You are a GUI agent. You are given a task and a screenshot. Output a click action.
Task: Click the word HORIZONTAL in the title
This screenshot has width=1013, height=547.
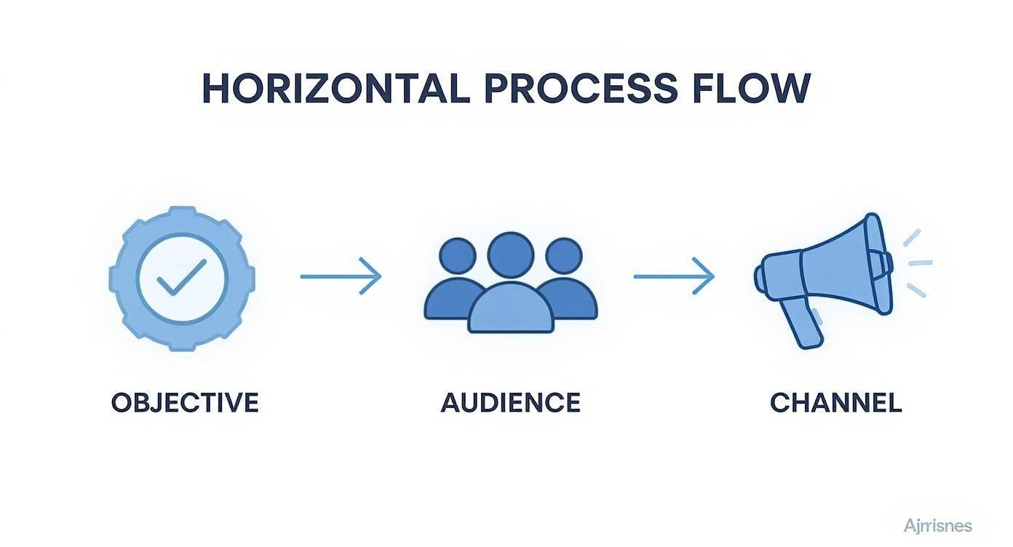pyautogui.click(x=335, y=89)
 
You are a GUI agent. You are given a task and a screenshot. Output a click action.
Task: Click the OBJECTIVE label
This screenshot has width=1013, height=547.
pyautogui.click(x=185, y=403)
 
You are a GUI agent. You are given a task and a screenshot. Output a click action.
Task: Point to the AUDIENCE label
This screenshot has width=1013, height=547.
pyautogui.click(x=510, y=403)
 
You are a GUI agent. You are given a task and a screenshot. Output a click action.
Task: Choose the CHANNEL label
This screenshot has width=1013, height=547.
pyautogui.click(x=835, y=403)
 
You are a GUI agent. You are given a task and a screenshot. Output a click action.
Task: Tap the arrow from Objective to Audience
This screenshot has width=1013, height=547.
pyautogui.click(x=341, y=276)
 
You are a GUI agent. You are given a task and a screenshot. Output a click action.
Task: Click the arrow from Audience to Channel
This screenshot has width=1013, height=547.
pyautogui.click(x=674, y=276)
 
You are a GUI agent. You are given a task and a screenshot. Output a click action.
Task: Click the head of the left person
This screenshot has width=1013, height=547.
pyautogui.click(x=458, y=256)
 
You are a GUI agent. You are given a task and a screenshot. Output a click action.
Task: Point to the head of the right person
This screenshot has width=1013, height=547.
pyautogui.click(x=563, y=256)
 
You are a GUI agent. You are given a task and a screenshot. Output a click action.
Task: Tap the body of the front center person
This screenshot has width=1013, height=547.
pyautogui.click(x=510, y=309)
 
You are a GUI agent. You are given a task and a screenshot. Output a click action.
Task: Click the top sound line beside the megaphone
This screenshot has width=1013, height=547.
pyautogui.click(x=912, y=238)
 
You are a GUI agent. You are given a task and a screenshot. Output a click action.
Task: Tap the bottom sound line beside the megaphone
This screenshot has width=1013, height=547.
pyautogui.click(x=916, y=290)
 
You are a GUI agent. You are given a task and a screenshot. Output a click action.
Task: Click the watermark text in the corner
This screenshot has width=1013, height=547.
pyautogui.click(x=937, y=525)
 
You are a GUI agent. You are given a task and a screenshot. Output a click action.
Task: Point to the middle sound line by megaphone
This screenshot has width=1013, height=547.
pyautogui.click(x=921, y=263)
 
